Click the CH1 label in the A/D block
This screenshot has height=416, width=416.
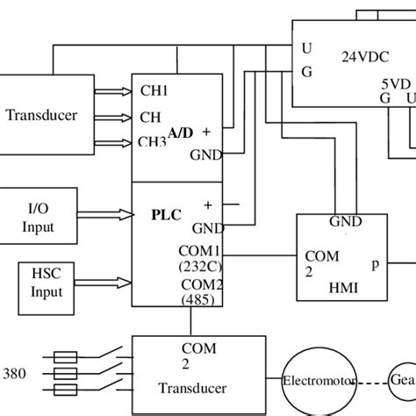154,90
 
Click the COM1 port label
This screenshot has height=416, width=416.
200,250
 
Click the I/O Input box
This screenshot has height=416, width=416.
39,219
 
